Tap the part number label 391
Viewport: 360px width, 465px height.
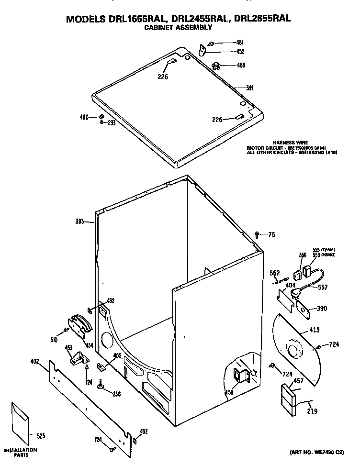(249, 88)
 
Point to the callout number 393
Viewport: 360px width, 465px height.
(79, 221)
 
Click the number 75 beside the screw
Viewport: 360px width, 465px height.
(271, 234)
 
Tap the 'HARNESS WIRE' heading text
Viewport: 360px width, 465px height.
(290, 143)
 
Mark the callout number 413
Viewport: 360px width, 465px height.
(315, 330)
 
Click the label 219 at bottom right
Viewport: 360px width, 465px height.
(312, 410)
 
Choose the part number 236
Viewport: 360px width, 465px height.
(116, 394)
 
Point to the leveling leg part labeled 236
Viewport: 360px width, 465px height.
(101, 386)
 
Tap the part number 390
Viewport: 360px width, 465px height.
(322, 309)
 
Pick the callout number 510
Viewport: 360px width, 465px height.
(54, 339)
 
